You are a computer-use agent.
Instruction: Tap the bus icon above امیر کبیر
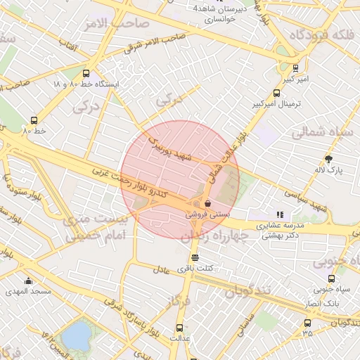coord(295,69)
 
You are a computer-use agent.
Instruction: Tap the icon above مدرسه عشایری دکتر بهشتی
coord(280,214)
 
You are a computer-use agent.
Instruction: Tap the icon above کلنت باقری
coord(194,258)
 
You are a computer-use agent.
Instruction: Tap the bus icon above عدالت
coord(179,328)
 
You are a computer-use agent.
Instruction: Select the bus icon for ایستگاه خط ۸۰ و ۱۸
coord(86,73)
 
